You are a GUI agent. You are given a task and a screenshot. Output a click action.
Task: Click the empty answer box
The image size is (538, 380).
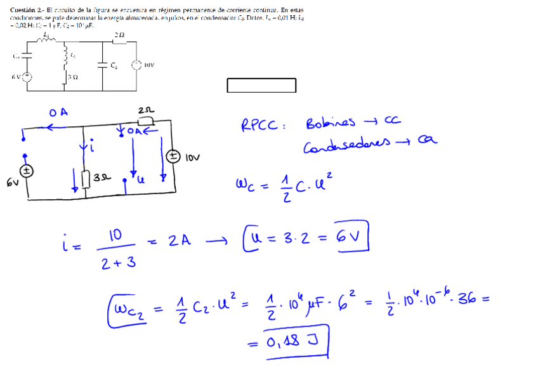261,86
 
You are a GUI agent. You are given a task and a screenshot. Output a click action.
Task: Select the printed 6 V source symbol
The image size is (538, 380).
27,77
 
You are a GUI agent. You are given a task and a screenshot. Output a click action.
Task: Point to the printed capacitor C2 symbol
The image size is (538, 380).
103,64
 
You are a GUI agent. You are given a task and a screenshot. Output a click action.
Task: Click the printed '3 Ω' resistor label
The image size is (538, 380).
72,77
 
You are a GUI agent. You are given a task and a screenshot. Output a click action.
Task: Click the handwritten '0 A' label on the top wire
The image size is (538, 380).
58,112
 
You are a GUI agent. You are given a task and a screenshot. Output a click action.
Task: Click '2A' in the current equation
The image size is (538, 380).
180,241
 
